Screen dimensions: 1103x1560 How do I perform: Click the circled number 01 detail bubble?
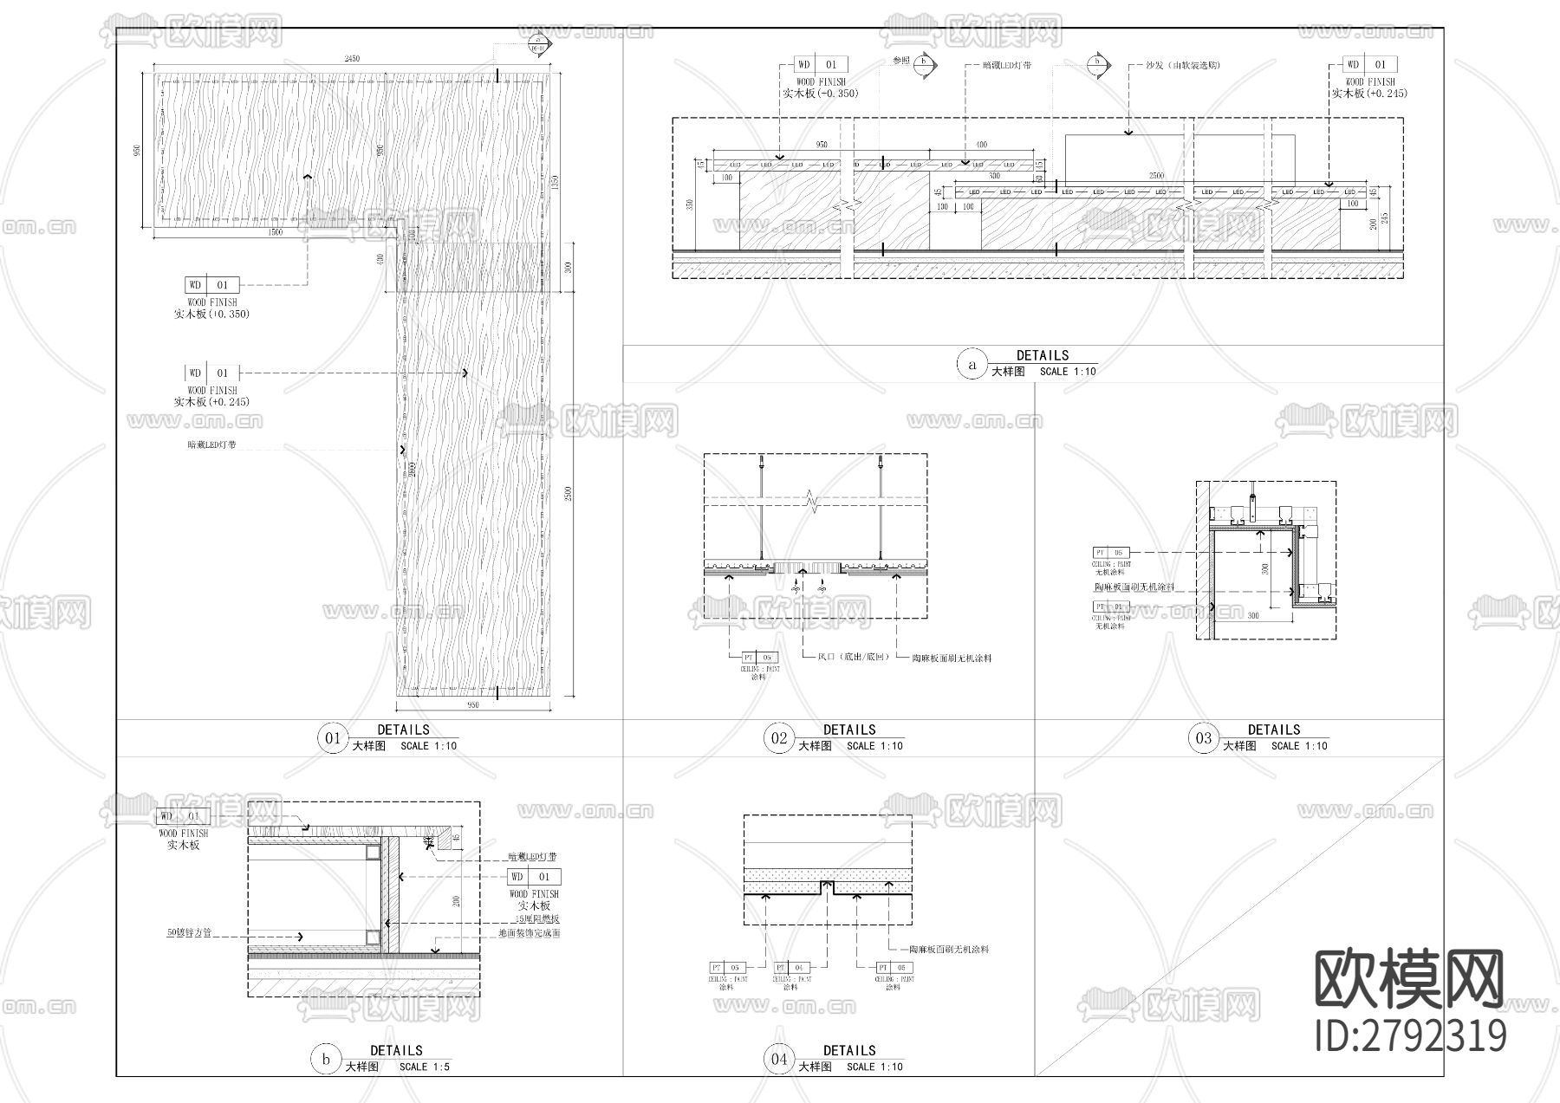pos(333,738)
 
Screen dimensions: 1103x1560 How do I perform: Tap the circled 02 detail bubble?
pos(779,738)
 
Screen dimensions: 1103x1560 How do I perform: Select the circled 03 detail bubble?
pos(1204,738)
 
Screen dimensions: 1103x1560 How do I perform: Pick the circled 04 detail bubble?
pos(779,1059)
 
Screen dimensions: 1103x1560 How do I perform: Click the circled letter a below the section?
pos(972,365)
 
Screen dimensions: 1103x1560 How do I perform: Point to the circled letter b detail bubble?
pos(326,1060)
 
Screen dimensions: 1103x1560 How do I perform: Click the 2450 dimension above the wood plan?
pos(352,59)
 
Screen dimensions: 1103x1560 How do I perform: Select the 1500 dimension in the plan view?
pos(276,232)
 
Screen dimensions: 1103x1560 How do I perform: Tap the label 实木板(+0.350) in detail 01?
pos(211,315)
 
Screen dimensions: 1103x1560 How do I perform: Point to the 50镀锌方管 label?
pos(189,934)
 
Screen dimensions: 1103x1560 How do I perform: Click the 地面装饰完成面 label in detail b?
pos(529,934)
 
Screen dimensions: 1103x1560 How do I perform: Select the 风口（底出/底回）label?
pos(854,658)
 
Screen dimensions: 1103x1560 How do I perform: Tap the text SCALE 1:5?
pos(425,1067)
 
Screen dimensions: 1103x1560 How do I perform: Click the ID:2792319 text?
pos(1410,1036)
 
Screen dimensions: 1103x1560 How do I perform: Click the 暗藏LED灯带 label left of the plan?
pos(211,445)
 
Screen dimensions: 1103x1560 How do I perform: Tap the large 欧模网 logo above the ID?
pos(1409,978)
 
